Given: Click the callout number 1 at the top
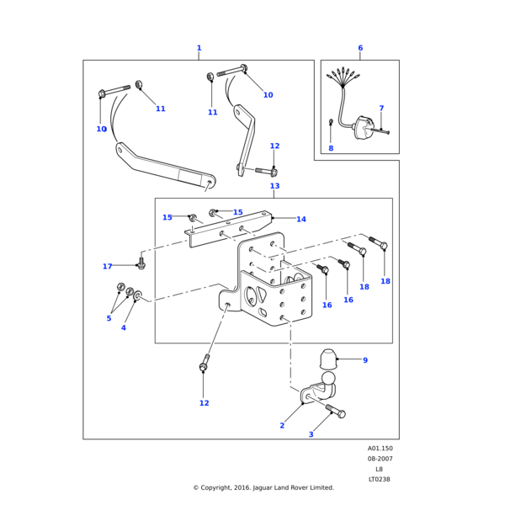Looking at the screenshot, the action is (199, 48).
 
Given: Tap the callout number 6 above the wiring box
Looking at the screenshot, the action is (360, 48).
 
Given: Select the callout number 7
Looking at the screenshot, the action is (381, 109).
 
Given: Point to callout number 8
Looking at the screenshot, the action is (331, 148).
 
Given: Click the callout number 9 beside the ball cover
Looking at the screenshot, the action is (365, 360).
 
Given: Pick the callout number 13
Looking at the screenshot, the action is (274, 186).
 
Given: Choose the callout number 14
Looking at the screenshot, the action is (301, 220).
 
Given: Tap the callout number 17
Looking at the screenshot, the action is (107, 266).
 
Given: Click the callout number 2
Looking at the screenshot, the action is (282, 425).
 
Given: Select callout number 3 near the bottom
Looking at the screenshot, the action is (311, 434).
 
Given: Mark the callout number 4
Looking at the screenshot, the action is (124, 328).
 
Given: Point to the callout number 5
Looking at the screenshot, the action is (109, 318).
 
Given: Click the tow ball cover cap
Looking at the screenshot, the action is (327, 359).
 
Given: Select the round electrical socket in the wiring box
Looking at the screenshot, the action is (364, 128).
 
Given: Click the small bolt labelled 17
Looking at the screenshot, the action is (141, 263).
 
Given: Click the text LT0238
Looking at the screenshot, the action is (379, 479).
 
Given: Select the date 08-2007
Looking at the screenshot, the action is (380, 459).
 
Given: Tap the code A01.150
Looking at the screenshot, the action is (380, 449).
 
